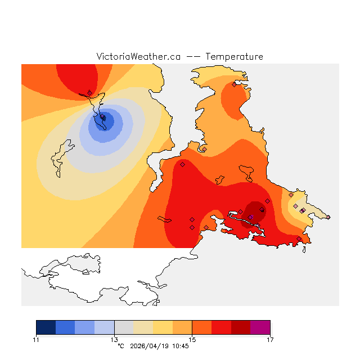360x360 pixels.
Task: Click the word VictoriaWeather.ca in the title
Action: click(138, 57)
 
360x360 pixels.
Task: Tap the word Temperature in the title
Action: click(234, 57)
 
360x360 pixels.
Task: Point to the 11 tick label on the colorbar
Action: click(36, 339)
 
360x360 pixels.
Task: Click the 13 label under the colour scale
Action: click(114, 339)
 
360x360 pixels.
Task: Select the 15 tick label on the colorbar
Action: click(192, 339)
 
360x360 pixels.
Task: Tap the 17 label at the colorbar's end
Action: click(270, 339)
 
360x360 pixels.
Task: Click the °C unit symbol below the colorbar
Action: click(120, 346)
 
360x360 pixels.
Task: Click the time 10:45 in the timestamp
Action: click(180, 346)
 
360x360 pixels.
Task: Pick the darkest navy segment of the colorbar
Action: click(46, 327)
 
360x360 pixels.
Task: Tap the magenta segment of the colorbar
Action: click(260, 327)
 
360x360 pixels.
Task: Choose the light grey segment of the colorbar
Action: click(124, 327)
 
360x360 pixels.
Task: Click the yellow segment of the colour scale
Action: click(163, 327)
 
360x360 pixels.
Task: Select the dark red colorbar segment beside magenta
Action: click(241, 327)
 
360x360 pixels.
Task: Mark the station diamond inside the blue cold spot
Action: click(103, 118)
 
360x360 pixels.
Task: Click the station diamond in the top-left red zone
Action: click(89, 93)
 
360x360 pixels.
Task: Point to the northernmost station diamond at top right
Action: click(234, 84)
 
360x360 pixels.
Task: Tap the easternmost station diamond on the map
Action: click(328, 217)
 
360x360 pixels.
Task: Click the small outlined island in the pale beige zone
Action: click(58, 159)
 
